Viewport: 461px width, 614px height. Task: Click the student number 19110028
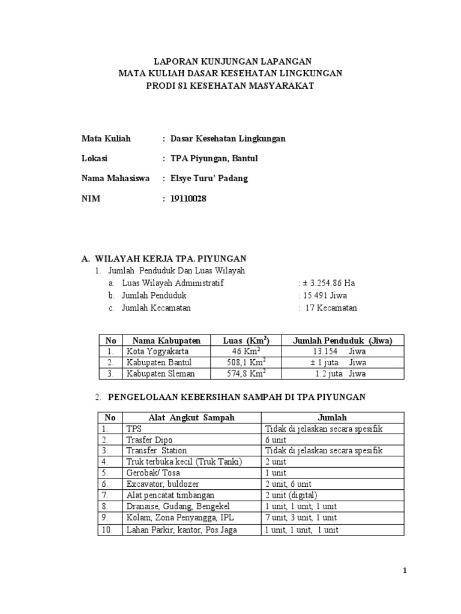tap(188, 198)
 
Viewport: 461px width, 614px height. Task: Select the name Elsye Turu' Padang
tap(209, 178)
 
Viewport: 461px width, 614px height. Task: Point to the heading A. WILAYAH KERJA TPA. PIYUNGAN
tap(164, 258)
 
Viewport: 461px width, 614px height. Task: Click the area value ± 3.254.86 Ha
tap(329, 283)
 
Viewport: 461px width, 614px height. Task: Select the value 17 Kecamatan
tap(330, 308)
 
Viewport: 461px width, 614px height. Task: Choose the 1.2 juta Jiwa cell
tap(340, 374)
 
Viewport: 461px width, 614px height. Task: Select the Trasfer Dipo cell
tap(149, 440)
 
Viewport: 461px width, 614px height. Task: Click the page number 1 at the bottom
tap(405, 571)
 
